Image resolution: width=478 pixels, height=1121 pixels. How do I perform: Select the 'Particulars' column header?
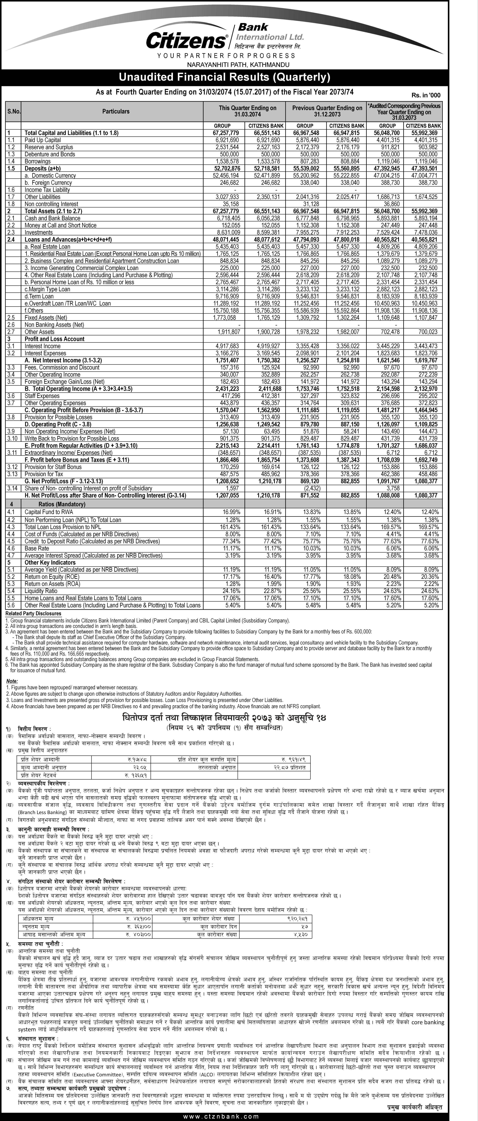click(116, 111)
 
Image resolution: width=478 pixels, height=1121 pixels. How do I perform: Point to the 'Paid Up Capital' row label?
click(43, 140)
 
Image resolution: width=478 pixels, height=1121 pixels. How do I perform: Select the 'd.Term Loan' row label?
click(39, 296)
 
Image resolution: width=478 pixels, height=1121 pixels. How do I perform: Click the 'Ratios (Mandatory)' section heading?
click(62, 504)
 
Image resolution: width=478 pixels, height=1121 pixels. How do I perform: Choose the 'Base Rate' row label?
click(37, 548)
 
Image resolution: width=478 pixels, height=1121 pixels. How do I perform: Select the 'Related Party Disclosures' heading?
click(34, 614)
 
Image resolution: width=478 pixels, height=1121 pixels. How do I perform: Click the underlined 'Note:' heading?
click(12, 681)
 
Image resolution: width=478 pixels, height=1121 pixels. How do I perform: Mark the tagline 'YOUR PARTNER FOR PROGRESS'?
click(226, 56)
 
